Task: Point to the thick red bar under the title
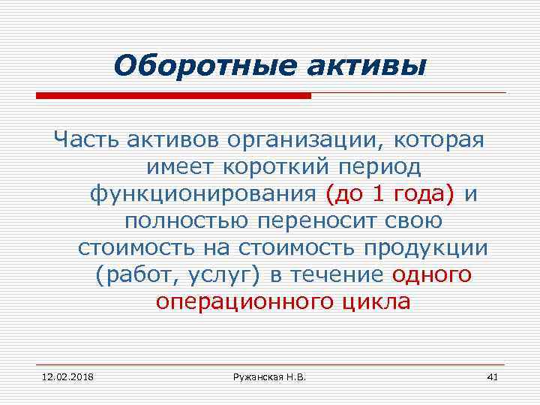(x=173, y=96)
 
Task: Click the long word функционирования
(x=203, y=194)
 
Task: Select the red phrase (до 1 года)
(x=391, y=194)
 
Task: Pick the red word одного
(x=432, y=275)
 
